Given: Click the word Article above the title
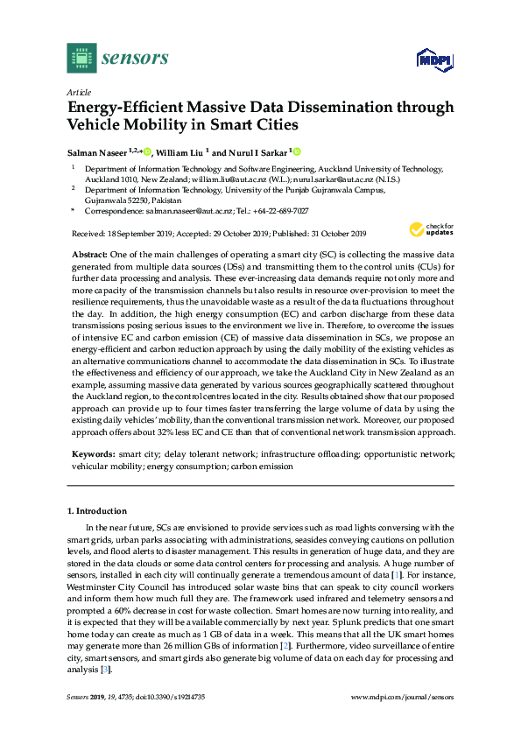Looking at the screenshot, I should (78, 91).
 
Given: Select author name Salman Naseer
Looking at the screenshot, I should (97, 151).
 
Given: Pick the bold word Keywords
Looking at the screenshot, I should (92, 455).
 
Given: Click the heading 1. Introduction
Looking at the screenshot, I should (97, 509).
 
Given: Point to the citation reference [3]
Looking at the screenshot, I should (104, 670).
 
